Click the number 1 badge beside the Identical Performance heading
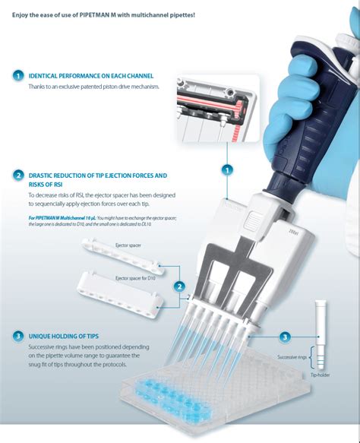click(x=18, y=76)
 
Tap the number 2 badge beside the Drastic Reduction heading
click(x=18, y=176)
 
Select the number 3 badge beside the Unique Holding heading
click(x=18, y=335)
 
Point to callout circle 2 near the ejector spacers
click(x=180, y=286)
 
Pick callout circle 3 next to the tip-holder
click(x=285, y=336)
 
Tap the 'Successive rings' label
click(x=293, y=355)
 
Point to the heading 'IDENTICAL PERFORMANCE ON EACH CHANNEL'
click(x=90, y=77)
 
